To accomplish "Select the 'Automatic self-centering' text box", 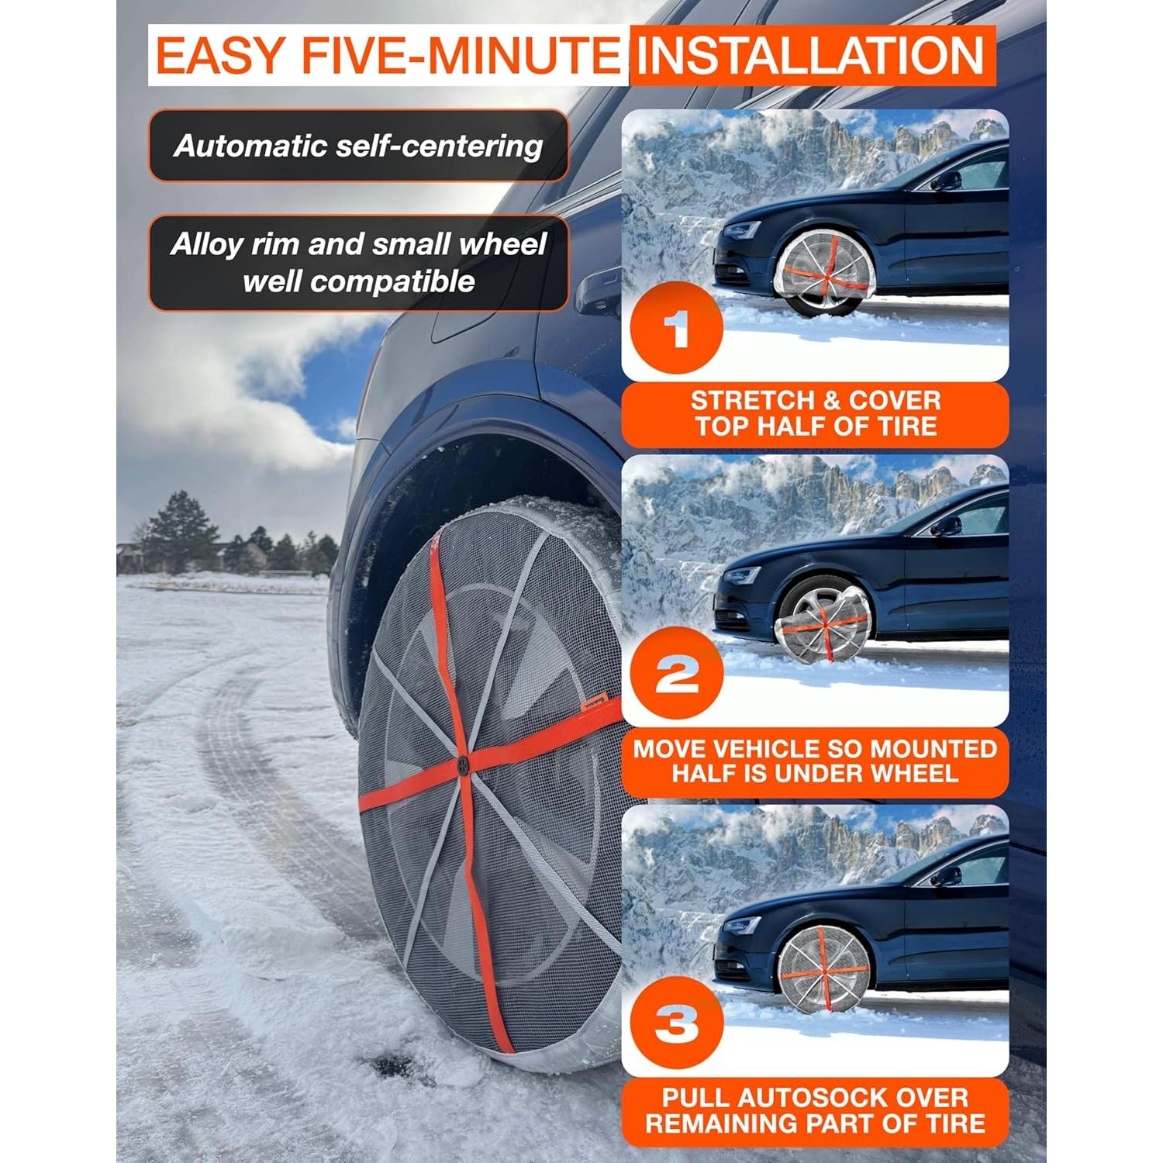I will pos(358,146).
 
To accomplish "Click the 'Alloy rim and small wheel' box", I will pos(358,263).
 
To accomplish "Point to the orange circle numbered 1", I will pos(677,330).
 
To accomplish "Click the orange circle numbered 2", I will pos(677,675).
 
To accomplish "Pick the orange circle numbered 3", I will pos(677,1024).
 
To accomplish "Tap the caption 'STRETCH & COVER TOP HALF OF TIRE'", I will pos(815,414).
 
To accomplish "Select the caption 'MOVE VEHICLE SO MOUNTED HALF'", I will pos(815,761).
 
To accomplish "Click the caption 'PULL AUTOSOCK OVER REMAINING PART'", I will pos(815,1110).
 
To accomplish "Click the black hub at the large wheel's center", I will pos(463,764).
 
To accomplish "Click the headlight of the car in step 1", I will pos(743,230).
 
